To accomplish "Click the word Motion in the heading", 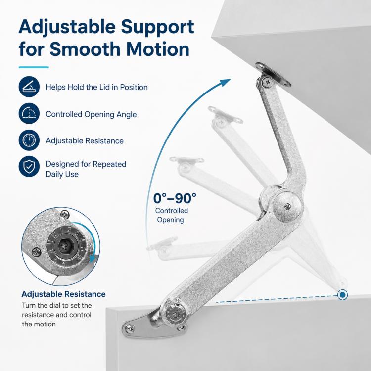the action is (158, 49).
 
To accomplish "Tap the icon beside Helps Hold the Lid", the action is (29, 87).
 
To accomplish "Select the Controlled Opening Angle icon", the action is (29, 113).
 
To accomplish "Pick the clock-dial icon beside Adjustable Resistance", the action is (29, 140).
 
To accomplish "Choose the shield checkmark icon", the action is (29, 166).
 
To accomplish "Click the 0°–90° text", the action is (175, 198).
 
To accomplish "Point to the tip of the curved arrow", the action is (230, 79).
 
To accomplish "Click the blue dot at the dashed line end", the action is (342, 295).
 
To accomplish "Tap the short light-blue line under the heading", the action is (34, 67).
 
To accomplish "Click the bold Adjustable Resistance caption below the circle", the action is (63, 294).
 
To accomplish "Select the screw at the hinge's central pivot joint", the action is (287, 207).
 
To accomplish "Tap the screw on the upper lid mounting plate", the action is (268, 82).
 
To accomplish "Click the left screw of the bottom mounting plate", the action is (129, 328).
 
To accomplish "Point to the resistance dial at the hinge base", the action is (175, 315).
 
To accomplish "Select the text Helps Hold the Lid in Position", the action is (97, 87).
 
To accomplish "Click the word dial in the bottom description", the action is (54, 305).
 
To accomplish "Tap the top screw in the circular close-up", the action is (65, 215).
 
